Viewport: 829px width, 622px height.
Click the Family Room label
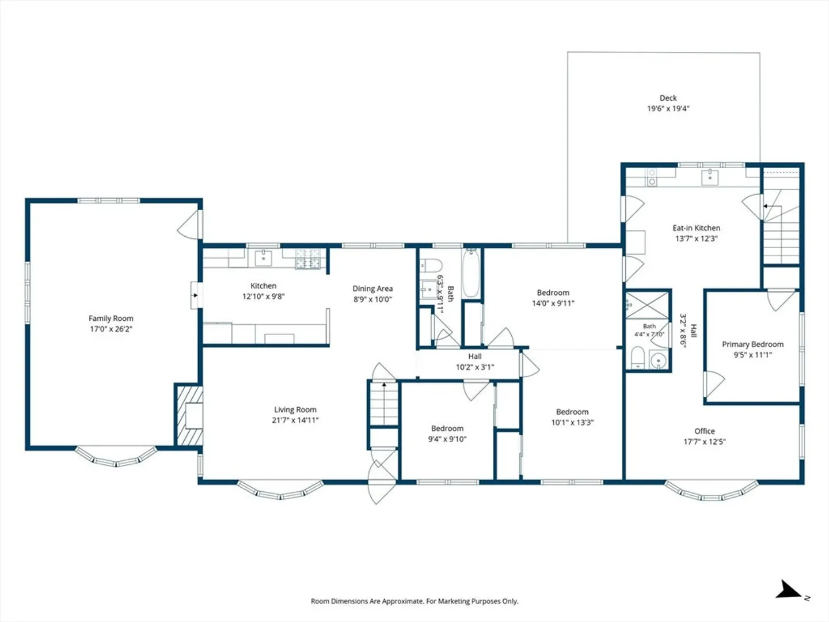(111, 318)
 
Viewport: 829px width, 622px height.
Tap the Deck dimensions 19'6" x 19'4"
(668, 109)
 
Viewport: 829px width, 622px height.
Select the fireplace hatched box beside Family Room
(189, 415)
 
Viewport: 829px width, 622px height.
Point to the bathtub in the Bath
(471, 273)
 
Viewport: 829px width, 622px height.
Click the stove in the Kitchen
(308, 259)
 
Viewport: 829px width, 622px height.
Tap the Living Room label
(295, 409)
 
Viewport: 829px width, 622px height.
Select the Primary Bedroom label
(752, 344)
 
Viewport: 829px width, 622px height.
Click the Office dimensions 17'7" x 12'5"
(705, 442)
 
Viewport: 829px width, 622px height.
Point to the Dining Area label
(373, 289)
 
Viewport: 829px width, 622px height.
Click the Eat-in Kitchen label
(697, 228)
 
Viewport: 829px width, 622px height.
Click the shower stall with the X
(648, 305)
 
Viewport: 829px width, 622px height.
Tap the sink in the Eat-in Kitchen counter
(710, 177)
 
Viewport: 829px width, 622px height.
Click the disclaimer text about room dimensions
(414, 601)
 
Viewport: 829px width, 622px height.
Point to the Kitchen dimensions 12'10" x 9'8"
(263, 297)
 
